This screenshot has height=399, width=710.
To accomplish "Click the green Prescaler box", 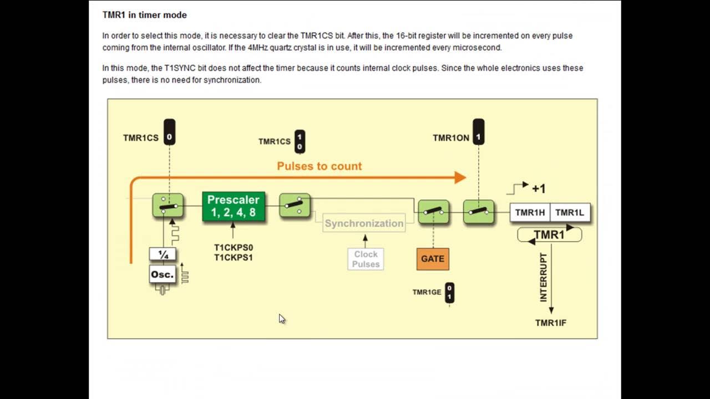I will tap(234, 206).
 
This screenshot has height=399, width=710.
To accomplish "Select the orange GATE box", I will tap(433, 259).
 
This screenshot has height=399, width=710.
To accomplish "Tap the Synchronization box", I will tap(364, 223).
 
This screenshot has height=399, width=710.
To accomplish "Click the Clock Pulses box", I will tap(366, 259).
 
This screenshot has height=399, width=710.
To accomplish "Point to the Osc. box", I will tap(163, 274).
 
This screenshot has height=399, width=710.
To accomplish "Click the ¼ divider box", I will tap(163, 254).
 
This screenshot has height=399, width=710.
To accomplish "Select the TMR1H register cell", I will tap(530, 213).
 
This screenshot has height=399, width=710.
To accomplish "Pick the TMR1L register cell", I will tap(570, 213).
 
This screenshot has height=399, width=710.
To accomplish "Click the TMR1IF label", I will tap(550, 323).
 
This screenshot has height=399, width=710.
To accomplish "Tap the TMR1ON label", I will tap(450, 138).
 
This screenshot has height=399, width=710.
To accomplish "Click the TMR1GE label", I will tap(427, 292).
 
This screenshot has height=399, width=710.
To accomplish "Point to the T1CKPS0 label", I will tap(234, 247).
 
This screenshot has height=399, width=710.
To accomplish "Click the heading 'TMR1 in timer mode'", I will tap(144, 15).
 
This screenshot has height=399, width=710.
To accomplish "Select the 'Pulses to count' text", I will tap(319, 166).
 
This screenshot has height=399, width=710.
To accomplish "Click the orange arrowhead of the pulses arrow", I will tap(460, 178).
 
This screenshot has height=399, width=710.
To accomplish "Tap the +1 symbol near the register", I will tap(538, 189).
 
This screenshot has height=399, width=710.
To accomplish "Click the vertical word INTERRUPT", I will tap(544, 277).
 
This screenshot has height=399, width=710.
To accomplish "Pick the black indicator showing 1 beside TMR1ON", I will tap(478, 132).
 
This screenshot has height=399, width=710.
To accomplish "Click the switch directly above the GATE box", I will tap(433, 212).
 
